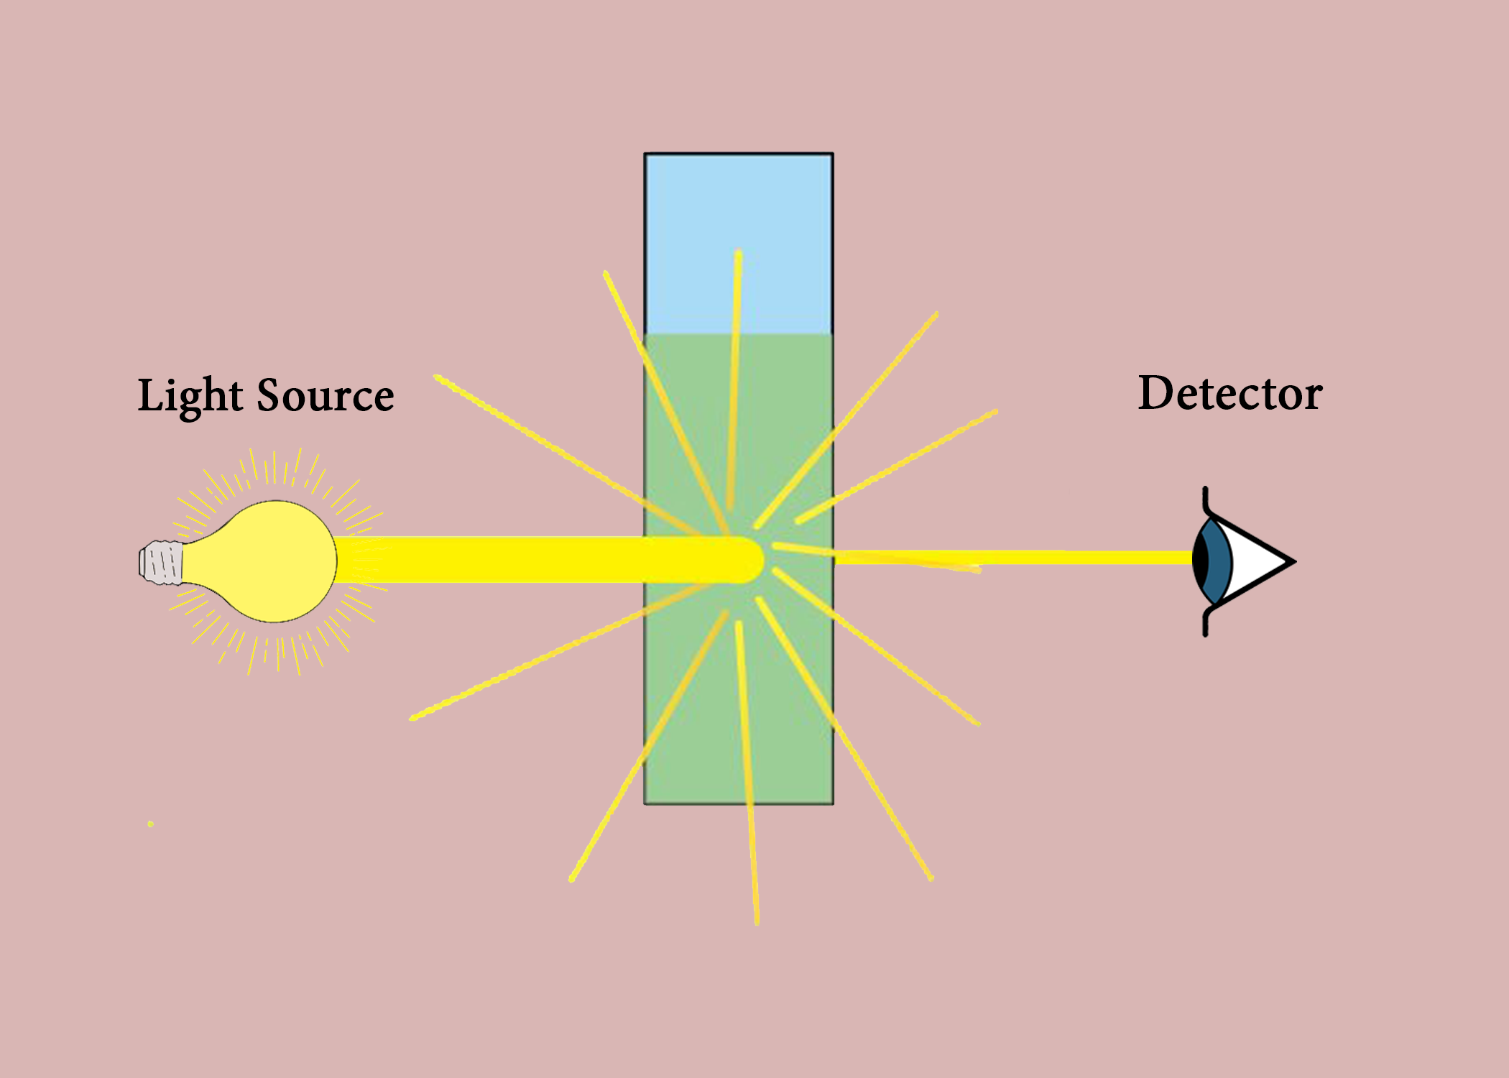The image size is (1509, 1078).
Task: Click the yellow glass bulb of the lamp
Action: click(277, 561)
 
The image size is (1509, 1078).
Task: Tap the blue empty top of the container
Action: click(739, 216)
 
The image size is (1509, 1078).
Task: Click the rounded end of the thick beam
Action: click(751, 560)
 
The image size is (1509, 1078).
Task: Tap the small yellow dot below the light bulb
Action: click(150, 824)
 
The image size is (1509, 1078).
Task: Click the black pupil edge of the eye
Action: click(1199, 561)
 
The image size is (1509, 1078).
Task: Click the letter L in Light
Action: click(150, 395)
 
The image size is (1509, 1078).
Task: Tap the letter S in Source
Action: click(269, 395)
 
